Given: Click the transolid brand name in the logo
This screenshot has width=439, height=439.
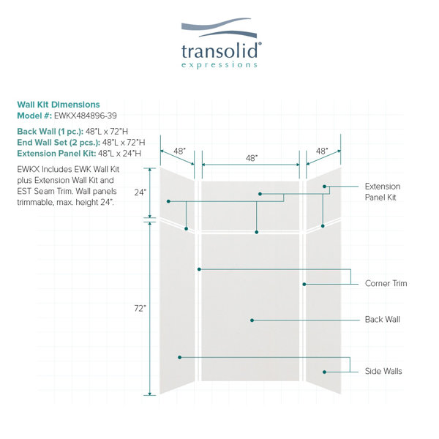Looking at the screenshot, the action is pos(219,50).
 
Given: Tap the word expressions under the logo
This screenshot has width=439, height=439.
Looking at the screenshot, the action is pos(219,65).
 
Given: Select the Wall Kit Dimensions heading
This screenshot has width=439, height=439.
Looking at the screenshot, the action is pos(59,105).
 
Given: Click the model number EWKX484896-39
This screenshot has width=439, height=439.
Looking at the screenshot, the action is pos(86,116).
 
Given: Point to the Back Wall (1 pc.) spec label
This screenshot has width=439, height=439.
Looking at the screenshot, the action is pos(50,131).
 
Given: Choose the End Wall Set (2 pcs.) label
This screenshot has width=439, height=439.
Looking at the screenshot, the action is pos(59,142).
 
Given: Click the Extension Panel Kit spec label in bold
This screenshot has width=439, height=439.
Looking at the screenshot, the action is pos(56,154).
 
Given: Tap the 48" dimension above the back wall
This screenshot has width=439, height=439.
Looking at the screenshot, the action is pos(252,158).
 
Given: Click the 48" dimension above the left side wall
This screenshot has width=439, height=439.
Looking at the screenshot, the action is pos(179,151).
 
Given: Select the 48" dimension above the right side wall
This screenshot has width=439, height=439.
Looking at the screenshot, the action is pos(322,151).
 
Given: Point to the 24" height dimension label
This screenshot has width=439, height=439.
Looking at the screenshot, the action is pos(140,192).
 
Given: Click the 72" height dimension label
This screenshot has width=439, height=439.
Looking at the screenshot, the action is pos(140,308).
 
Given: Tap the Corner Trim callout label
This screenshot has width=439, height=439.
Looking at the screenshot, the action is pos(386,283).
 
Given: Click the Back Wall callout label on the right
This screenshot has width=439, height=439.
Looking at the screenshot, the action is pos(383,320).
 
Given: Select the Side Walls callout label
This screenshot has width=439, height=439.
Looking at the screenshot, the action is pos(383,371).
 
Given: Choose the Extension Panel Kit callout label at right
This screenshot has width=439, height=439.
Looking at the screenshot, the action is pos(383,192).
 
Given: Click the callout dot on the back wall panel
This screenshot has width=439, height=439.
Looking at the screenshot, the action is pos(252,320).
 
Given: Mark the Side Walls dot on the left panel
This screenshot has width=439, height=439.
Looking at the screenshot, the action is pos(180,357).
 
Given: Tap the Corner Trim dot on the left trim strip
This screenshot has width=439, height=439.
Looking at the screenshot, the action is pos(199,269).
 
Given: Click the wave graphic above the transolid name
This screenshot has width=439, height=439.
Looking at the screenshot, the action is pos(219,28).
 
